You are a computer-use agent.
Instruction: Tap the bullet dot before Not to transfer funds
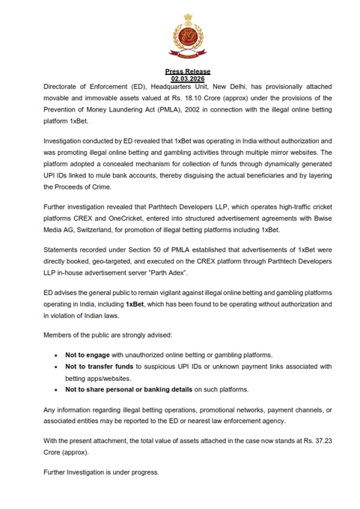tap(57, 367)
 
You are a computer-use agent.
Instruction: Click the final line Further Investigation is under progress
tap(101, 472)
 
